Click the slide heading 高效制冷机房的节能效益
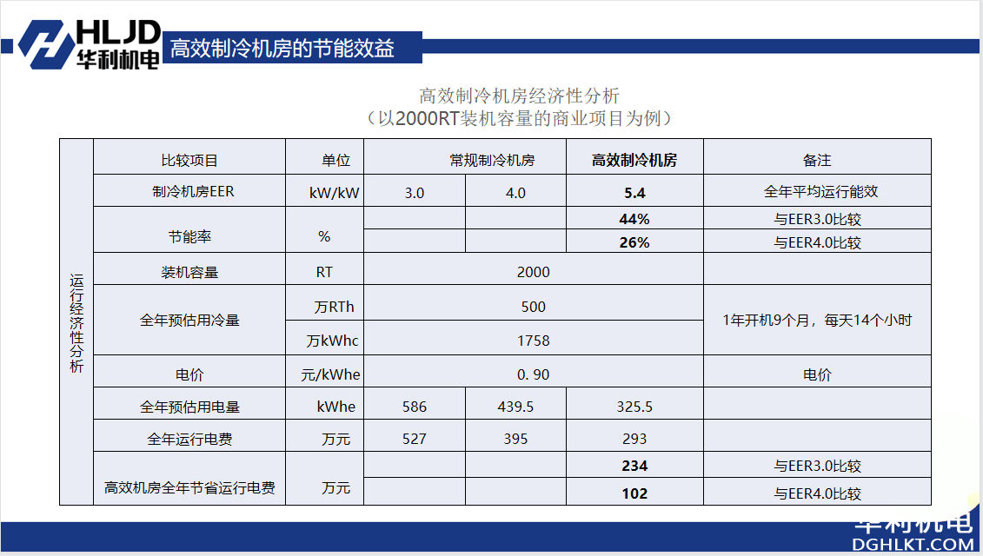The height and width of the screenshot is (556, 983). [x=282, y=48]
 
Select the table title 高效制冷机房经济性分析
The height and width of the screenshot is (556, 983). [x=519, y=96]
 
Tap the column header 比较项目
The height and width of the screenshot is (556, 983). [x=189, y=160]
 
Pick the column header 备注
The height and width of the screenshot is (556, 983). [x=817, y=160]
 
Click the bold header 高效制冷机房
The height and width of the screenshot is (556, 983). [x=634, y=160]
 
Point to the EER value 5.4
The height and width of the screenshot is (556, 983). [x=634, y=193]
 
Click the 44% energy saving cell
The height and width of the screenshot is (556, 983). [x=634, y=219]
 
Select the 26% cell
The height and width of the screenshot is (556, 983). [x=634, y=242]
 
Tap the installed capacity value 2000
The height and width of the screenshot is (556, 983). [x=533, y=272]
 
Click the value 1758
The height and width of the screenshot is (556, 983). [x=533, y=341]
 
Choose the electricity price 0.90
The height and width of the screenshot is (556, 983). [x=533, y=375]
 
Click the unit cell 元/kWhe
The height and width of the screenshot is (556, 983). [x=324, y=375]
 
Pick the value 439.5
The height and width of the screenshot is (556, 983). [x=515, y=407]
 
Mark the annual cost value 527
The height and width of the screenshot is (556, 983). [x=415, y=439]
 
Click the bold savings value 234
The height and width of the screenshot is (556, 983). [x=634, y=466]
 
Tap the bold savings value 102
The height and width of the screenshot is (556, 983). [x=634, y=493]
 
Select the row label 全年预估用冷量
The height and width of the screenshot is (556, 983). [x=189, y=321]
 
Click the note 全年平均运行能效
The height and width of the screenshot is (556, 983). [x=817, y=192]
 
